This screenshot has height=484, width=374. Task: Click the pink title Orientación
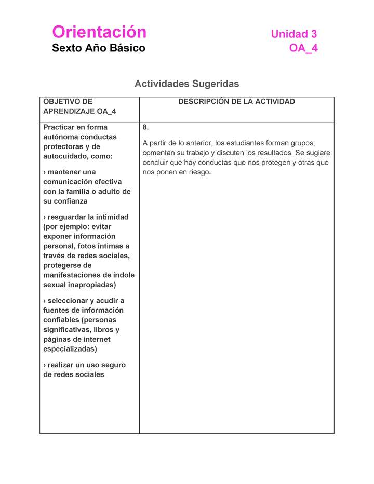click(x=99, y=32)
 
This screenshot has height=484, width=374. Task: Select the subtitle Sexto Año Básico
click(x=99, y=48)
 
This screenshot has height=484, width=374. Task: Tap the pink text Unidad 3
click(x=293, y=34)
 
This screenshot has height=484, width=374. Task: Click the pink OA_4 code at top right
click(x=303, y=48)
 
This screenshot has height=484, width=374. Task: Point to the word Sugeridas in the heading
click(x=216, y=84)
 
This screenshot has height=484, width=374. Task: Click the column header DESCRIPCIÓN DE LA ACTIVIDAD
click(x=236, y=102)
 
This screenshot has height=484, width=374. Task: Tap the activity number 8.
click(x=145, y=127)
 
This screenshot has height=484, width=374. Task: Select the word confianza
click(x=70, y=201)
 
